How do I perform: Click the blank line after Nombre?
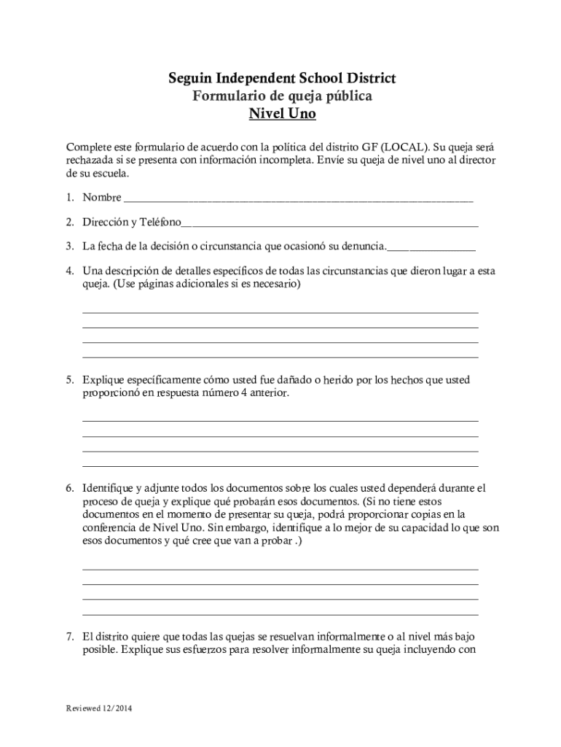[299, 198]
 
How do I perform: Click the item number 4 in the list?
[69, 271]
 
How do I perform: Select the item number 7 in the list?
[69, 637]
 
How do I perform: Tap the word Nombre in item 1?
[102, 198]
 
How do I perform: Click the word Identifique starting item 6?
[106, 487]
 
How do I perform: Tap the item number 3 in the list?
[69, 247]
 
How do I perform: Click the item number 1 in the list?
[69, 198]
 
